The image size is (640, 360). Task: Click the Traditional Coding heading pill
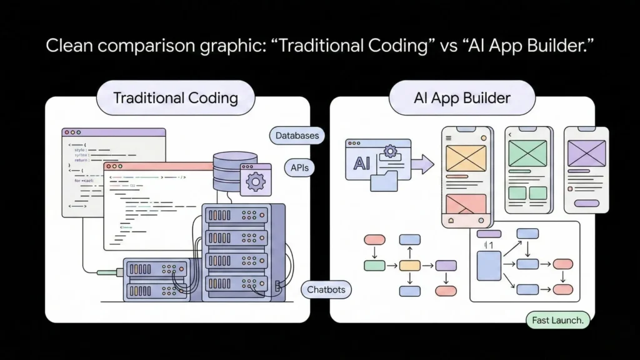point(176,98)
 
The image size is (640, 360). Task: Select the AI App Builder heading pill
point(462,98)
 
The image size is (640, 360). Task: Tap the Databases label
point(297,135)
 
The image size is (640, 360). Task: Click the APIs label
point(299,167)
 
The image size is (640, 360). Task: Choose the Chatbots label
point(326,290)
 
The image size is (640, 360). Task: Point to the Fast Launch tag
point(557,321)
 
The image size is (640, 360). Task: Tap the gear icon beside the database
point(255,181)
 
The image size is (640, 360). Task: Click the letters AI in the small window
point(362,163)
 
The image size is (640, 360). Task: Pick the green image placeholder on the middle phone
point(527,152)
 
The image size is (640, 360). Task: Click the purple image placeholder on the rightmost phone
point(586,152)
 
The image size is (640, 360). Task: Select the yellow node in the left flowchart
point(409,266)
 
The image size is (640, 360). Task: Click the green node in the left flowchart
point(374,266)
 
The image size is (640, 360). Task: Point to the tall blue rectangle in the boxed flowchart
point(489,265)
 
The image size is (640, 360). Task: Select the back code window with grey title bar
point(112,132)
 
